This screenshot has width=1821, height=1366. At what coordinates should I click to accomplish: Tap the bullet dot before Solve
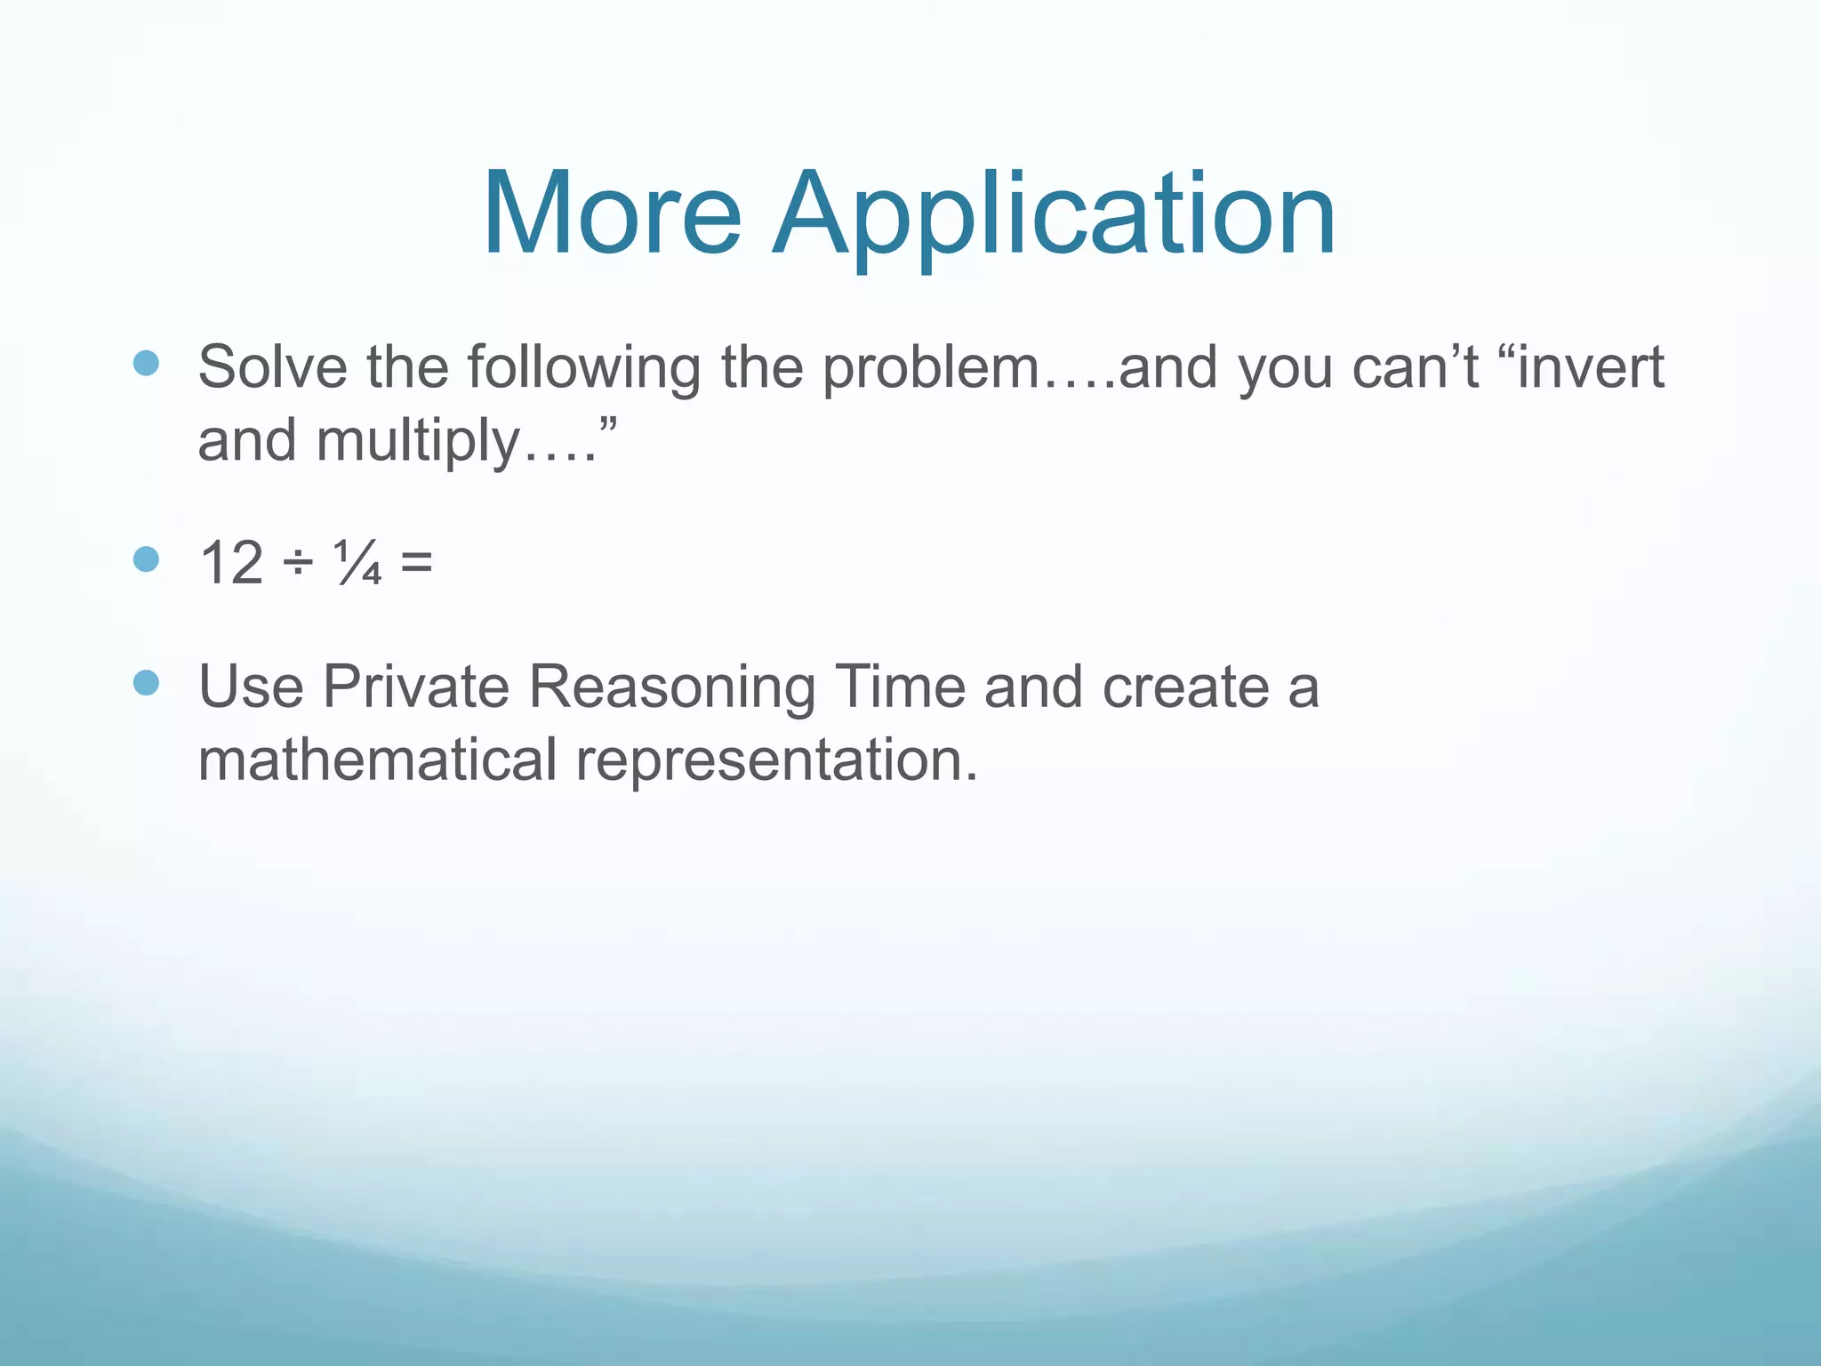pyautogui.click(x=146, y=363)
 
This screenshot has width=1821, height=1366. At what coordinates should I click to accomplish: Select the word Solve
pyautogui.click(x=272, y=366)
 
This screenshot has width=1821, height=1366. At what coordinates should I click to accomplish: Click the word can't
pyautogui.click(x=1415, y=366)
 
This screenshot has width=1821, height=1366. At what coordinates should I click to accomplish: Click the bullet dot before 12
pyautogui.click(x=146, y=559)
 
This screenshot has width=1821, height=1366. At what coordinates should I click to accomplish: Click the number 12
pyautogui.click(x=231, y=562)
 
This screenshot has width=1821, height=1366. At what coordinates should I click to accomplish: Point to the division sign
pyautogui.click(x=299, y=564)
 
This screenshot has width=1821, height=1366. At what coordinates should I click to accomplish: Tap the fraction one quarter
pyautogui.click(x=358, y=562)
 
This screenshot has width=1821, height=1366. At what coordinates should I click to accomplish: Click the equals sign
pyautogui.click(x=416, y=562)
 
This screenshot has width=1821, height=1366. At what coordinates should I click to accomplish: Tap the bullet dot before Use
pyautogui.click(x=146, y=683)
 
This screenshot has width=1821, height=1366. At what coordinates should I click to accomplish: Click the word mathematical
pyautogui.click(x=377, y=759)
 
